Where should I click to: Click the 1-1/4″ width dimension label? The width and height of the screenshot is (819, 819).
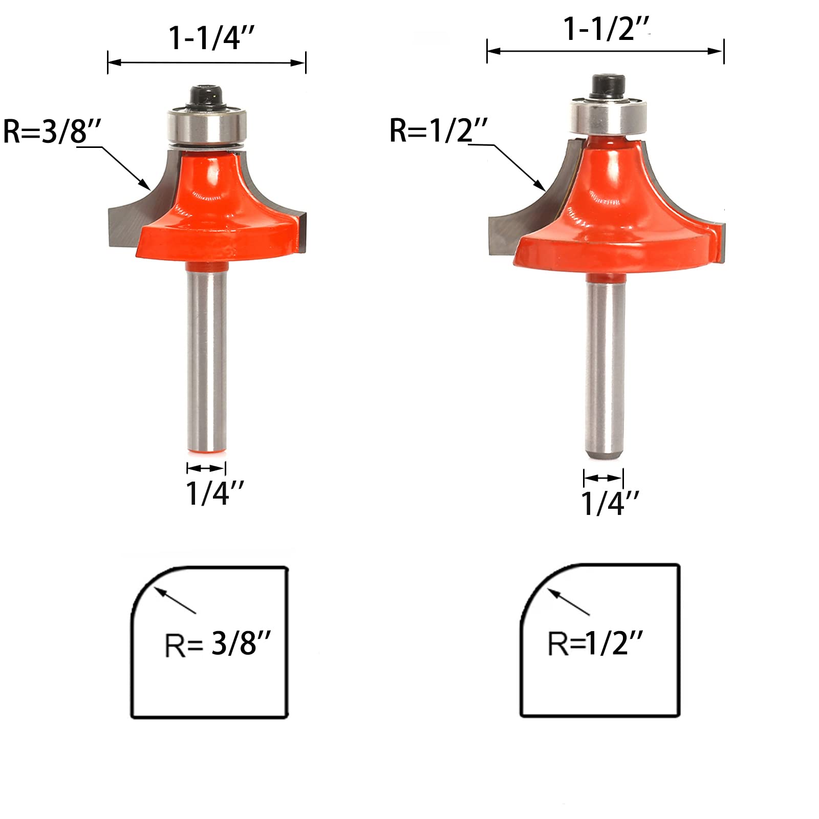(x=211, y=38)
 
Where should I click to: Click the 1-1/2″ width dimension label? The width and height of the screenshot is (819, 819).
(x=607, y=29)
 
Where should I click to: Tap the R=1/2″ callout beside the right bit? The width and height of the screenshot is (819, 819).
(x=438, y=131)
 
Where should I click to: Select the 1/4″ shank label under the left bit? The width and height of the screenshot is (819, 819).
(x=214, y=493)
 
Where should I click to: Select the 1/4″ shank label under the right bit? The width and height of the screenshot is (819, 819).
(x=610, y=503)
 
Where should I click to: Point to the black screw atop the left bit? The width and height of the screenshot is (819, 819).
(x=207, y=95)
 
